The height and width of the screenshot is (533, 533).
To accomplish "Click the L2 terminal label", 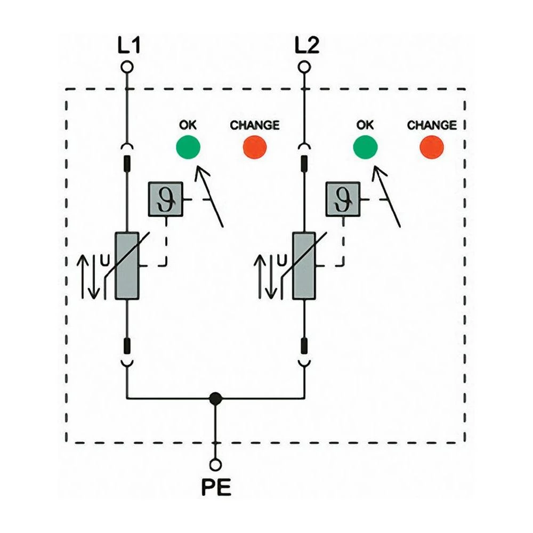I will click(x=306, y=46).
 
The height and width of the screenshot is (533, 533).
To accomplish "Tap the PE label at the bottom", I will click(x=216, y=488).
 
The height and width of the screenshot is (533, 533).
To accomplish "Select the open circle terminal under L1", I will click(x=127, y=67).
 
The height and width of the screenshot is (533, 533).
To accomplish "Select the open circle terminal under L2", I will click(x=304, y=67).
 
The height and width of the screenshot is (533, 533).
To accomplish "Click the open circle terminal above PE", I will click(x=215, y=465).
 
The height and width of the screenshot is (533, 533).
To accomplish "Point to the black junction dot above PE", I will click(x=215, y=398).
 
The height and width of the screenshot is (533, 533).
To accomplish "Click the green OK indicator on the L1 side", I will click(x=188, y=147).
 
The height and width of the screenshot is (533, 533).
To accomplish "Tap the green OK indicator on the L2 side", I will click(x=365, y=147).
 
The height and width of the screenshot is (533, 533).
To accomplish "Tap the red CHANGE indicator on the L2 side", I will click(x=432, y=147).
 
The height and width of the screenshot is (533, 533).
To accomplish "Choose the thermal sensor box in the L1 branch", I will click(x=166, y=199).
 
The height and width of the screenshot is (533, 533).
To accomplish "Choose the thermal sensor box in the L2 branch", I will click(x=343, y=199).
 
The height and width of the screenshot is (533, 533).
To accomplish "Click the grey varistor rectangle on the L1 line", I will click(x=127, y=265).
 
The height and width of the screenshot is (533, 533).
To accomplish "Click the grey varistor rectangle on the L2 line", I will click(x=304, y=265).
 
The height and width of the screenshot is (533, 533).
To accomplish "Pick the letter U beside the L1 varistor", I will click(x=104, y=261).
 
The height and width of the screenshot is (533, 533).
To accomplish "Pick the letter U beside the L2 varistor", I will click(x=282, y=261).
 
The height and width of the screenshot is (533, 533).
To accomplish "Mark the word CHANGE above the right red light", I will click(x=432, y=125).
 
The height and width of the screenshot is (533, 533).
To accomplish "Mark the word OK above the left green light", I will click(x=188, y=125).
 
